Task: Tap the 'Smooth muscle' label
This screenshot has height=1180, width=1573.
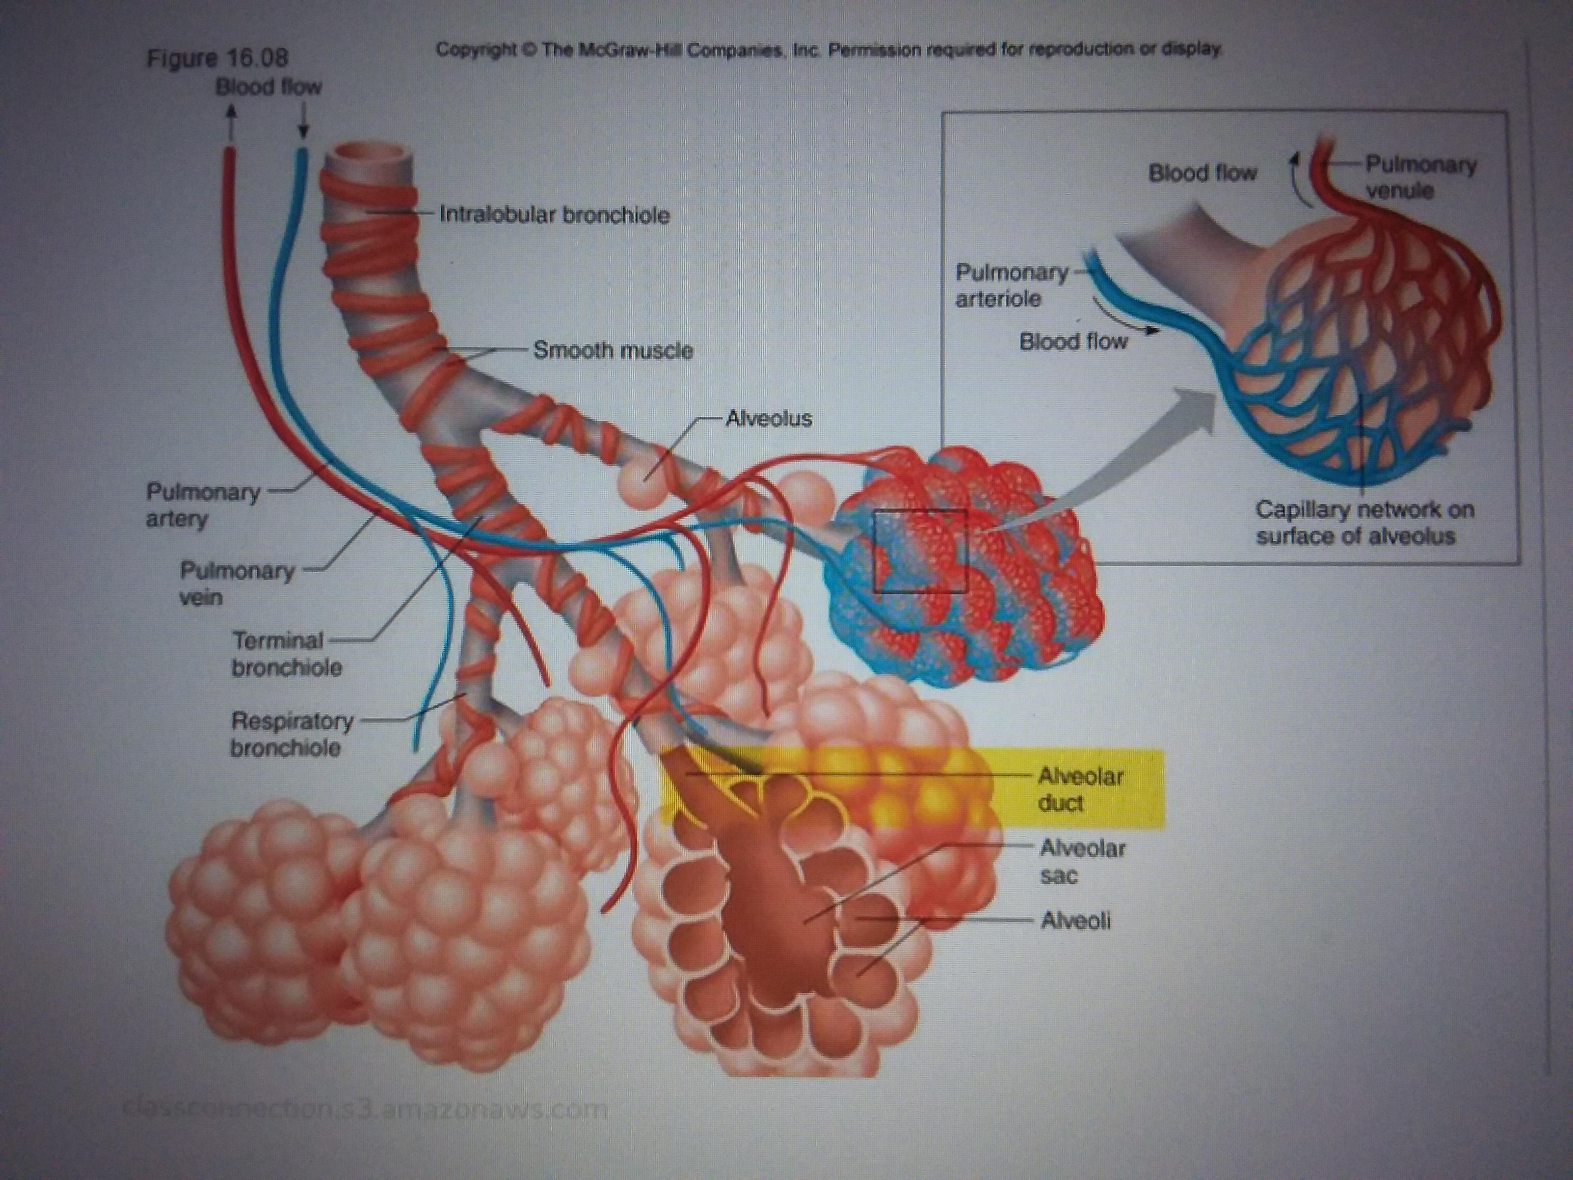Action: click(613, 350)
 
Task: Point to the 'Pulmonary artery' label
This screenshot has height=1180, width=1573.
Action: click(203, 505)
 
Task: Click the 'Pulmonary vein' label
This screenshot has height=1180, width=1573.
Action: click(237, 583)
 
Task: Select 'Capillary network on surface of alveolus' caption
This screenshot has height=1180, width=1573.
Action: click(1364, 522)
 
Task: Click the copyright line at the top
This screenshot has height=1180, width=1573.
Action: click(828, 50)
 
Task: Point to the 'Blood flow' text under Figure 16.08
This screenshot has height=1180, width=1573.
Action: click(268, 87)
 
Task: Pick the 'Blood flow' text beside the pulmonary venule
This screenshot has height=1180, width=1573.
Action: click(1202, 173)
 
